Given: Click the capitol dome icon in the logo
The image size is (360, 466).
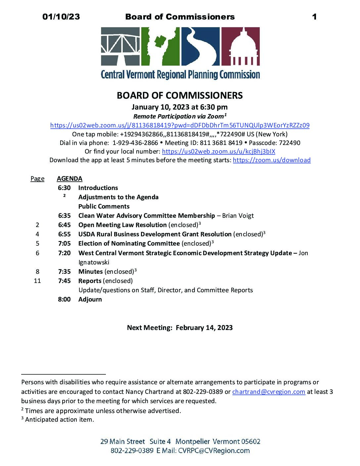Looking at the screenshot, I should pos(240,47).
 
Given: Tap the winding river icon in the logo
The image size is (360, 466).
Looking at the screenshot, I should pos(200,47).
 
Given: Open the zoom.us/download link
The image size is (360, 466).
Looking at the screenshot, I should pos(272,160).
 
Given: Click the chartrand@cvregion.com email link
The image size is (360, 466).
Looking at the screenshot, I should pos(268,392).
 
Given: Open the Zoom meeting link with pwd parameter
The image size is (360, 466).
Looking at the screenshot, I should pos(180,125).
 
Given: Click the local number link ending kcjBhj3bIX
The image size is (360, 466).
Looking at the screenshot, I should pos(218,152).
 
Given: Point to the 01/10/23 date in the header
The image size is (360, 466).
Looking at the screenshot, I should pos(61,17).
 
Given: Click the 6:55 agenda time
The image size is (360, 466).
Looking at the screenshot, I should pos(64,234).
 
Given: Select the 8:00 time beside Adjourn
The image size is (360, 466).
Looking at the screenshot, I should pos(64,300).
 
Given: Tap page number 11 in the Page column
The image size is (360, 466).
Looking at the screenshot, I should pos(37,281).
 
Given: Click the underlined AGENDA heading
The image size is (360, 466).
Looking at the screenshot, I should pos(69,179).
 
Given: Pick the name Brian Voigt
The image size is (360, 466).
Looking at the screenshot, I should pos(238,216).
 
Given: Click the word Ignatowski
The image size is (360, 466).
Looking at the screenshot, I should pos(94,262).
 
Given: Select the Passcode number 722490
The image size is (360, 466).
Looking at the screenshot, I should pos(290,143).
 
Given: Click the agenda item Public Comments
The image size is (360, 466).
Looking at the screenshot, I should pos(104,207).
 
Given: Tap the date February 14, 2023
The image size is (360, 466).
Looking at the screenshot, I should pos(204,328).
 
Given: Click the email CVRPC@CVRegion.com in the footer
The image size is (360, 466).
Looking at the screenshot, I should pos(214,451).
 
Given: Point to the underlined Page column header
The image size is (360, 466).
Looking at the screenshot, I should pos(37,179).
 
